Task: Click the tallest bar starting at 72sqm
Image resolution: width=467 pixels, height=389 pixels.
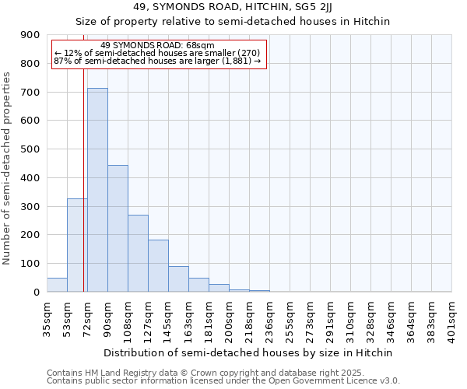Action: point(97,190)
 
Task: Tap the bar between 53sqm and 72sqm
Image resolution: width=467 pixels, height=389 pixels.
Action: point(77,245)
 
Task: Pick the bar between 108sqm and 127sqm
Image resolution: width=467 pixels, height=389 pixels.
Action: point(138,253)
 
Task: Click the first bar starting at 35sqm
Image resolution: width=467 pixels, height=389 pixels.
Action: point(57,285)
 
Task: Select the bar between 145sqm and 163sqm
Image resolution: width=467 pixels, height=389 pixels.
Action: point(178,279)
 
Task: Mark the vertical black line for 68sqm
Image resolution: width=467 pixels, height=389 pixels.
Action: point(83,179)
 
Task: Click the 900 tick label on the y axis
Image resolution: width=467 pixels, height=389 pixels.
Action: point(30,35)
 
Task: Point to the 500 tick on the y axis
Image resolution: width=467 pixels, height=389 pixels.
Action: point(30,149)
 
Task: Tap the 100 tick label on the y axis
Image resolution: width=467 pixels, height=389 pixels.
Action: point(30,264)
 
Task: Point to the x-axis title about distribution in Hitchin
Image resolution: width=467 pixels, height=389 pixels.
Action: point(248,352)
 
